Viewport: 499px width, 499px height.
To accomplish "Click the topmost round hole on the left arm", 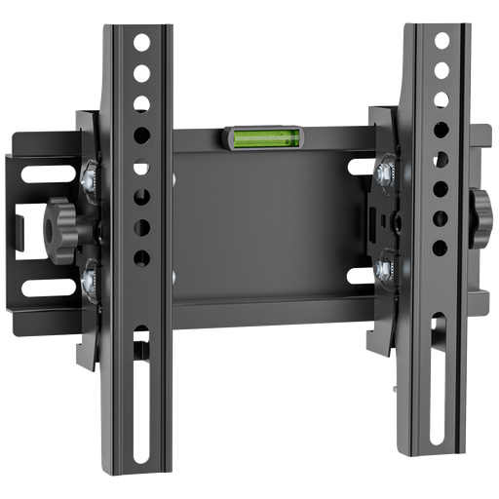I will [144, 43].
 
